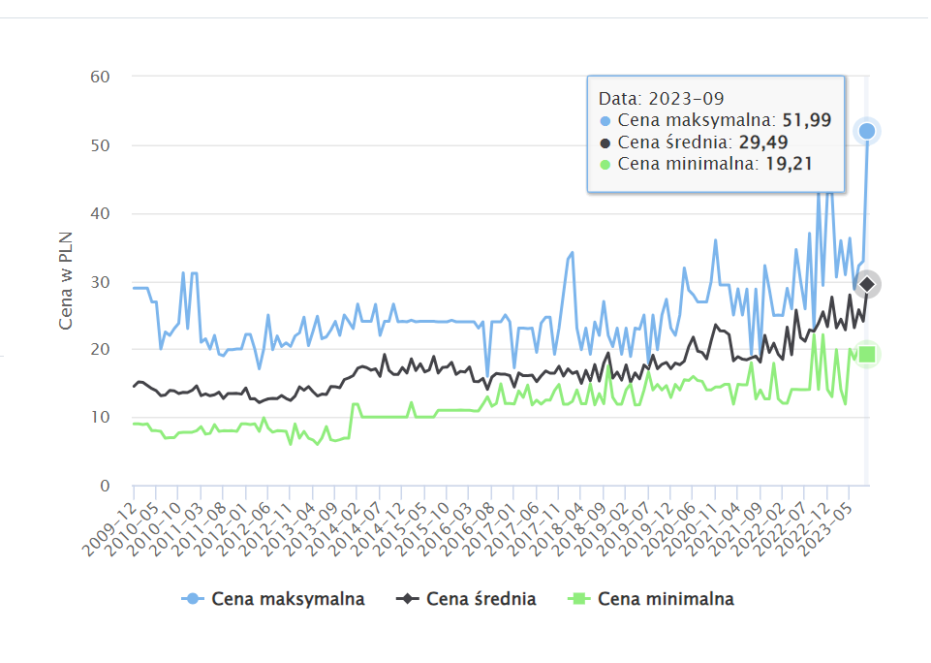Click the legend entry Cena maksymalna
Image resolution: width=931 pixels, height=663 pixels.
(288, 599)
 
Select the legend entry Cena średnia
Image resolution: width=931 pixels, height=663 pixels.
(481, 599)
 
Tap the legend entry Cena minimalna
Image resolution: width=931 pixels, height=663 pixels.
(666, 599)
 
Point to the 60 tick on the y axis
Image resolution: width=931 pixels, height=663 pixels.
(99, 77)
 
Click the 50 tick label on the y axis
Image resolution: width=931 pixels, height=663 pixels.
(99, 145)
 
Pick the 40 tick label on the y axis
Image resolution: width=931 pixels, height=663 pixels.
(99, 213)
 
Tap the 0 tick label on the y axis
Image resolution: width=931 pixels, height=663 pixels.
(105, 486)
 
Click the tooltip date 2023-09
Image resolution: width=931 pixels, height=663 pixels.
(687, 99)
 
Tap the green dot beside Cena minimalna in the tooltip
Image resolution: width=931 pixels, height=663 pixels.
(605, 164)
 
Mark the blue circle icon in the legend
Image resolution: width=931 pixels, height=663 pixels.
(194, 599)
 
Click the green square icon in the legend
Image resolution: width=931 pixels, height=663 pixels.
(578, 599)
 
